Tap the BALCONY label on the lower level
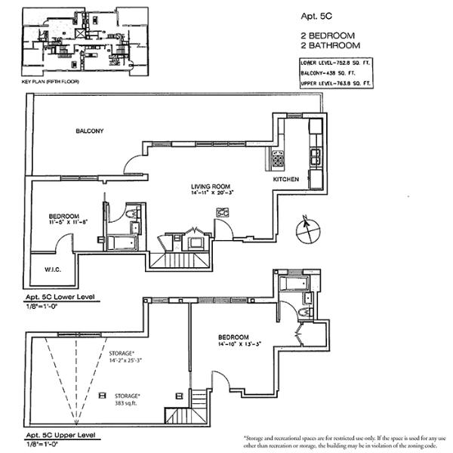coord(90,131)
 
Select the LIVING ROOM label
coord(211,186)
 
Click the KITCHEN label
coord(286,180)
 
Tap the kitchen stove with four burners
coord(277,160)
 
